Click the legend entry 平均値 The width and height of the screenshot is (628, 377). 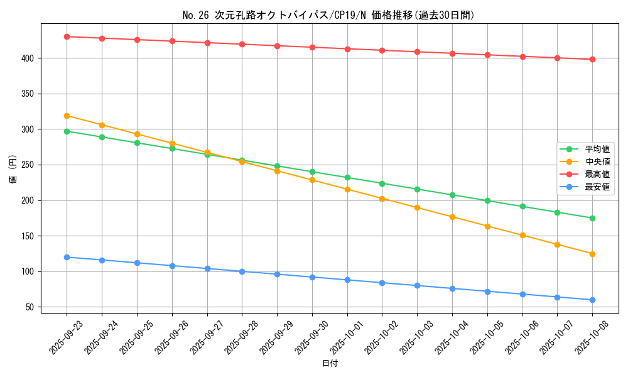[x=597, y=149]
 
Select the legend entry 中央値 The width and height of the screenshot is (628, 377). [x=597, y=161]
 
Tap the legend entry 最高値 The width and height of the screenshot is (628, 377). [x=597, y=174]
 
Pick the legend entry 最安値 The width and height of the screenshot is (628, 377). [x=597, y=187]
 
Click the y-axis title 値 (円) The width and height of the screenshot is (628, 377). [x=13, y=169]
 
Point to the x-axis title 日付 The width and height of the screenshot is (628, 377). [x=330, y=364]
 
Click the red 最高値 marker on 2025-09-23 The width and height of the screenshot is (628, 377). [x=67, y=36]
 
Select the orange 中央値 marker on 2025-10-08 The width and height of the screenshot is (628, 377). [x=592, y=254]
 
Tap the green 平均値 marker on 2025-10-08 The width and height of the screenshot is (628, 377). [x=592, y=218]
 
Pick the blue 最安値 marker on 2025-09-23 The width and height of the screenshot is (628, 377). [x=67, y=257]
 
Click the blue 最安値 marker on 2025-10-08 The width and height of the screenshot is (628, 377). [x=592, y=300]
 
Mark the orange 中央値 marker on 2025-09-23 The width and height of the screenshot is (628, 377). [x=67, y=116]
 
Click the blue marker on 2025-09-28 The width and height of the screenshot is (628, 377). [x=242, y=271]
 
